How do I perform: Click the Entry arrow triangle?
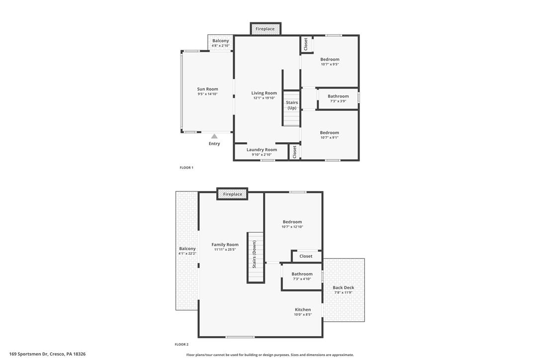214,136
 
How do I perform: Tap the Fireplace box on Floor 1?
265,29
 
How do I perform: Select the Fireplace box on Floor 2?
233,194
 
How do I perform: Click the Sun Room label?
208,89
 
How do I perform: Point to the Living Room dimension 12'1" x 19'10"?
264,98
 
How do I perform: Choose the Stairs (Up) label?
292,105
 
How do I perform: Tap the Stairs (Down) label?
254,254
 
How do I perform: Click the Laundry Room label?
262,150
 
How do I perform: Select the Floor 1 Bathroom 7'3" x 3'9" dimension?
338,101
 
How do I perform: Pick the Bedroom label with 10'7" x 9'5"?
330,59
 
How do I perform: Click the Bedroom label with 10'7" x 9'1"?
330,133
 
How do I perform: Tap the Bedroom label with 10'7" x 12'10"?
292,222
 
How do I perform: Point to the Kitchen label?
303,309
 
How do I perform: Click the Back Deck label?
344,287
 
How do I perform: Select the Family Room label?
225,245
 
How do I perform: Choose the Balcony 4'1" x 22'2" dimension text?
187,254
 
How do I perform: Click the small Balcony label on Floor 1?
221,41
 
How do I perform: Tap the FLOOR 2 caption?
181,344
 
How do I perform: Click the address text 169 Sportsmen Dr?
28,354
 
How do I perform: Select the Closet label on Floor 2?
306,256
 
